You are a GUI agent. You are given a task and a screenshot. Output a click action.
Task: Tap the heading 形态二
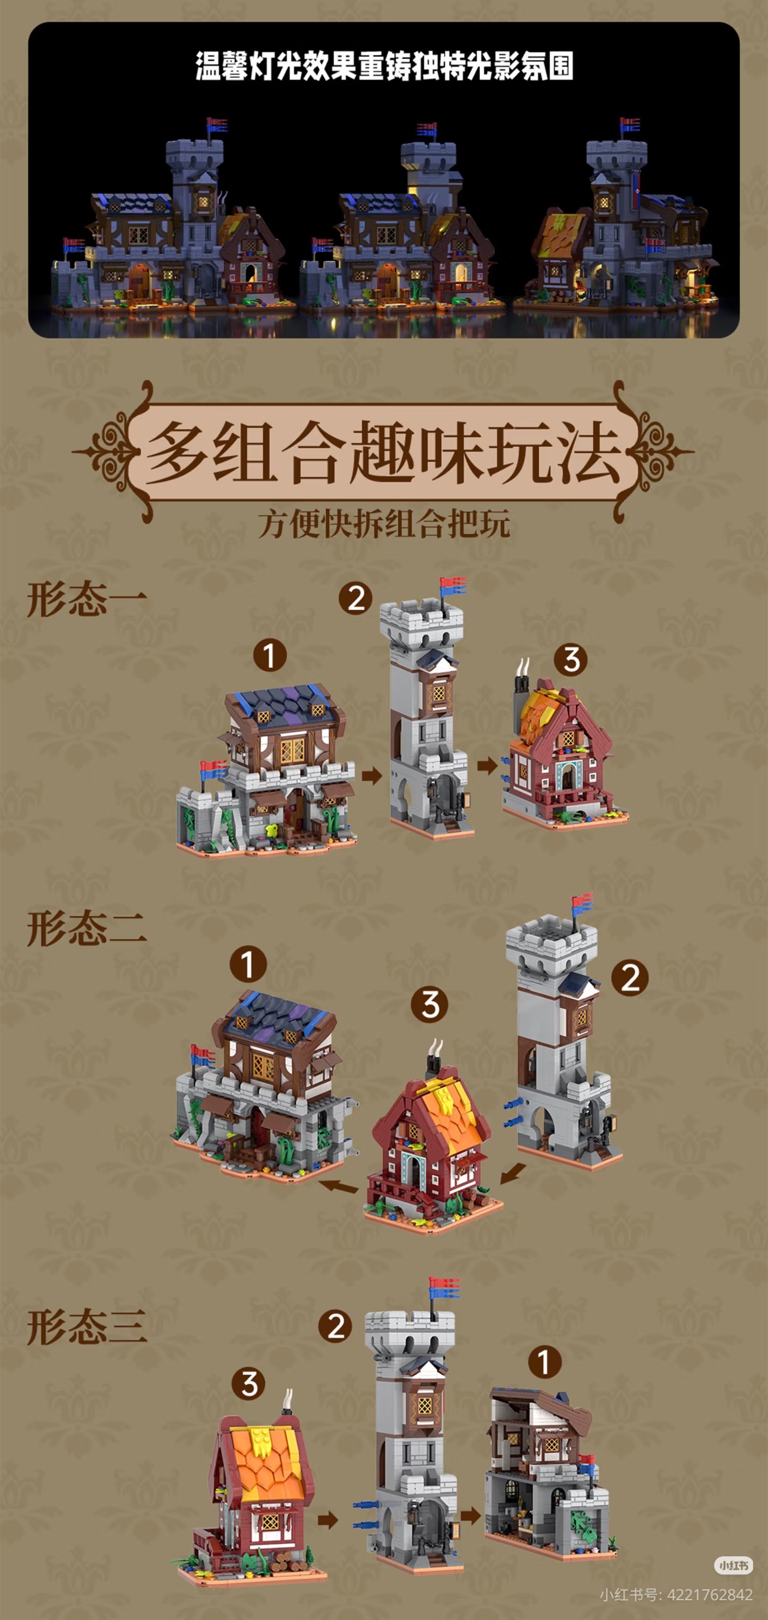[x=87, y=928]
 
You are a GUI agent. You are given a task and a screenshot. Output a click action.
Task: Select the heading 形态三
[x=87, y=1326]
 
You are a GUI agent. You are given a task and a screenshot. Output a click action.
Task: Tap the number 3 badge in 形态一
[x=571, y=660]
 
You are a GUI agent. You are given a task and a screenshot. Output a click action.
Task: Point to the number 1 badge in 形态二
[x=248, y=964]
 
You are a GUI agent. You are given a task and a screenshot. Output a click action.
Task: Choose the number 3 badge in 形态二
[x=430, y=1004]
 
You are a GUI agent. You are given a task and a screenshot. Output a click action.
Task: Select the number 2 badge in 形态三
[x=335, y=1326]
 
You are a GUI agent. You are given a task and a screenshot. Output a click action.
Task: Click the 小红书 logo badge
[x=733, y=1565]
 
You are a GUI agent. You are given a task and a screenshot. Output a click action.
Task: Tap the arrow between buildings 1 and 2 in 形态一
[x=372, y=775]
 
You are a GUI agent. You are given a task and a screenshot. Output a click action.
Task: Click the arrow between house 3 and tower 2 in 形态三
[x=327, y=1521]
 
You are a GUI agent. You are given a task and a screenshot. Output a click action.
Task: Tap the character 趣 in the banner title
[x=383, y=452]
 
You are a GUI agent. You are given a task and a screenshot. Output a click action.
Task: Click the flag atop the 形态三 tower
[x=444, y=1288]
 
